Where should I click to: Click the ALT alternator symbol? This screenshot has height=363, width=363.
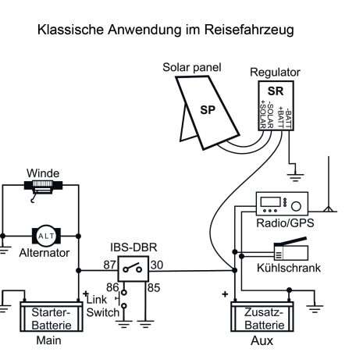(x=46, y=236)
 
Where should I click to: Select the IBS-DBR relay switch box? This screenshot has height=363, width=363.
(x=133, y=269)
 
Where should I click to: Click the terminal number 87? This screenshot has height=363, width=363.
(x=109, y=265)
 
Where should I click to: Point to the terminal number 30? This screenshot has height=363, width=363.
(x=157, y=265)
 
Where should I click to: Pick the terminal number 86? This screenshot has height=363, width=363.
(x=112, y=287)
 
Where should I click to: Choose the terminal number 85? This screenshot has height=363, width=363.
(x=154, y=288)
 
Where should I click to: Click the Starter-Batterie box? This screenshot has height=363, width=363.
(x=52, y=316)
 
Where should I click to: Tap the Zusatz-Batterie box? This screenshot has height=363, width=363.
(x=262, y=316)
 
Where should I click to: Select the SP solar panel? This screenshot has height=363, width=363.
(x=208, y=112)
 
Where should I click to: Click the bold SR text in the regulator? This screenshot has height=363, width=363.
(x=276, y=91)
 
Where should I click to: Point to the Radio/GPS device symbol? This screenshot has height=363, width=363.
(x=283, y=204)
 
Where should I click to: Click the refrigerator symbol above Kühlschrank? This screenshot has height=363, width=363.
(x=291, y=249)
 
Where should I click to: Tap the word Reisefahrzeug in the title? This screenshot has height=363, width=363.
(x=249, y=30)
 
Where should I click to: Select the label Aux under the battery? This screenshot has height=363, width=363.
(x=262, y=340)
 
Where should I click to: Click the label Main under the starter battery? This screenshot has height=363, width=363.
(x=48, y=340)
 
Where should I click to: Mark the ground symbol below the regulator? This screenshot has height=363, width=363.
(x=294, y=176)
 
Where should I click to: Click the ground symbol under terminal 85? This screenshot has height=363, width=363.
(x=146, y=323)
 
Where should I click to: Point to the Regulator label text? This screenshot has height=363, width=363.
(x=275, y=73)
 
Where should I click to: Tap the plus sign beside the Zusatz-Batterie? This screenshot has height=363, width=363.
(x=226, y=294)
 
